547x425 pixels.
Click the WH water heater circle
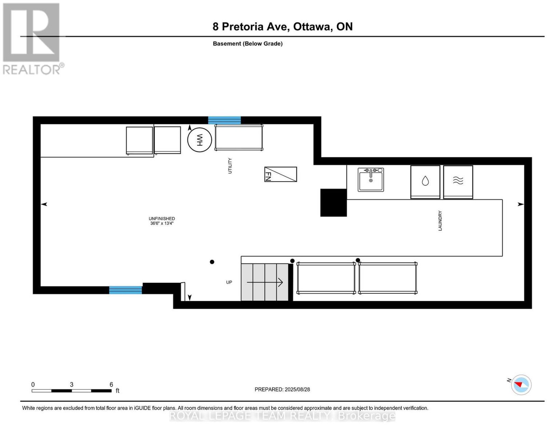tap(199, 140)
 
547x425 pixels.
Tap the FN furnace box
tap(280, 174)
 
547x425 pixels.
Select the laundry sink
tap(371, 180)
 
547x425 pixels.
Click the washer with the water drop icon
tap(425, 182)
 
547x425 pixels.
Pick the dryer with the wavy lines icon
tap(458, 182)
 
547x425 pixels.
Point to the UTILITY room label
tap(230, 166)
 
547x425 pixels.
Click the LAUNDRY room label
tap(440, 221)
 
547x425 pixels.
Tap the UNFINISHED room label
tap(162, 219)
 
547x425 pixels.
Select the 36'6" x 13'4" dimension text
tap(162, 223)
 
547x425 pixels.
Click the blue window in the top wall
tap(224, 120)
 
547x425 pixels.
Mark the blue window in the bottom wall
tap(125, 290)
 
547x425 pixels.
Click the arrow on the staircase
tap(265, 282)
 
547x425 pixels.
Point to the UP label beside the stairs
tap(229, 282)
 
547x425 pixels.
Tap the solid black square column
tap(334, 202)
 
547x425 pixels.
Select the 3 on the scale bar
tap(71, 385)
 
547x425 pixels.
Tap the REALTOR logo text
tap(32, 70)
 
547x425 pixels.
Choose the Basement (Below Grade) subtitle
tap(248, 43)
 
